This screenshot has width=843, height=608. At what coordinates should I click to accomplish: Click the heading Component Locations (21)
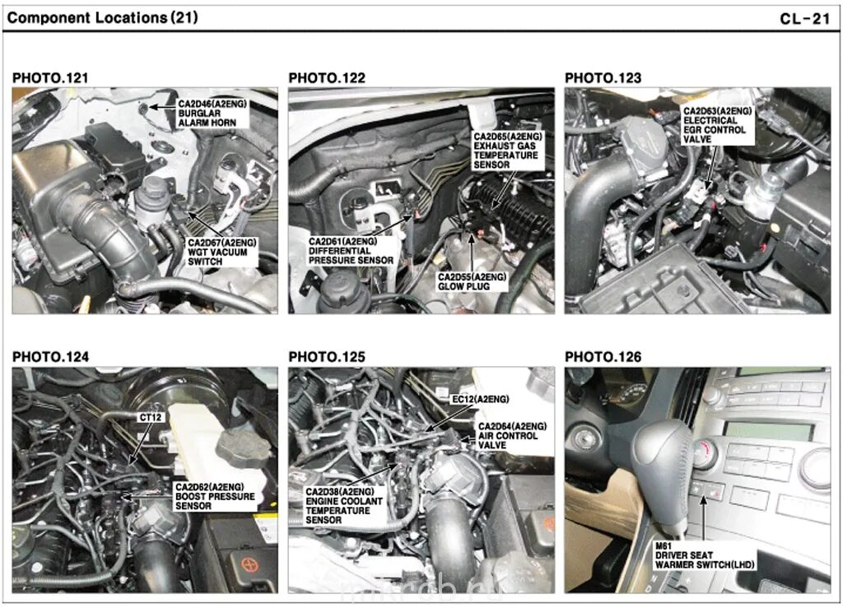point(102,16)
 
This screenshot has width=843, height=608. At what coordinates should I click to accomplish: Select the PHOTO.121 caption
point(50,78)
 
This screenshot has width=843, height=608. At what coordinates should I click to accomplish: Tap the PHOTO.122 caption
point(327,78)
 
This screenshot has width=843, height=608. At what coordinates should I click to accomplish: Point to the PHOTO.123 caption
point(603,78)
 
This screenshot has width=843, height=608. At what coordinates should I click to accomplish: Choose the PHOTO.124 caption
point(50,357)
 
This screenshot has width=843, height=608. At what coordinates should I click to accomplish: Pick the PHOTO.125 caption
point(327,357)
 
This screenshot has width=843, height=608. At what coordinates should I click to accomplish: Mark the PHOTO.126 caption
point(603,357)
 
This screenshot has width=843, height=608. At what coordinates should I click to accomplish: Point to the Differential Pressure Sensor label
point(350,250)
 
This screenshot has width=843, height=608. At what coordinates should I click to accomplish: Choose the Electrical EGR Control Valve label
point(715,125)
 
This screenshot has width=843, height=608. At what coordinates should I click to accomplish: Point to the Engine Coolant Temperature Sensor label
point(338,505)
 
